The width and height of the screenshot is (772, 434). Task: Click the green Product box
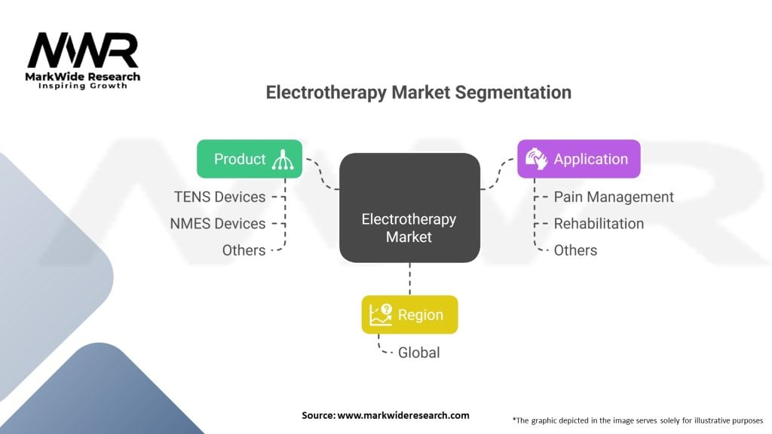pyautogui.click(x=249, y=159)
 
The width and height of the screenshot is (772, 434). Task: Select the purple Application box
pyautogui.click(x=578, y=159)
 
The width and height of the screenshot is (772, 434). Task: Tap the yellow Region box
pyautogui.click(x=409, y=315)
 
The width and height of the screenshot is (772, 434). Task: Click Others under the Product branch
pyautogui.click(x=244, y=250)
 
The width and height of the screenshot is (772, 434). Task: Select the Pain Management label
pyautogui.click(x=614, y=197)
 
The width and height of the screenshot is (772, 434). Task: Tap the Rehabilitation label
pyautogui.click(x=599, y=224)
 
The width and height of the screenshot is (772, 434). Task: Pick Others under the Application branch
pyautogui.click(x=575, y=250)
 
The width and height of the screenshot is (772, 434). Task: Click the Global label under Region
pyautogui.click(x=418, y=353)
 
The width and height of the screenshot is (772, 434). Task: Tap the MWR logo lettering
pyautogui.click(x=83, y=51)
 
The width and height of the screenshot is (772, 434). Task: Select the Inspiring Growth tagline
pyautogui.click(x=83, y=86)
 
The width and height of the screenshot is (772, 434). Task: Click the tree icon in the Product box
pyautogui.click(x=286, y=159)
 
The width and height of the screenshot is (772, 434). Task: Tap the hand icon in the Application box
pyautogui.click(x=536, y=159)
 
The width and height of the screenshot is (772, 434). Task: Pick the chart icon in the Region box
pyautogui.click(x=380, y=315)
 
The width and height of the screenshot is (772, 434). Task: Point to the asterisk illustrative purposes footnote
pyautogui.click(x=637, y=420)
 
